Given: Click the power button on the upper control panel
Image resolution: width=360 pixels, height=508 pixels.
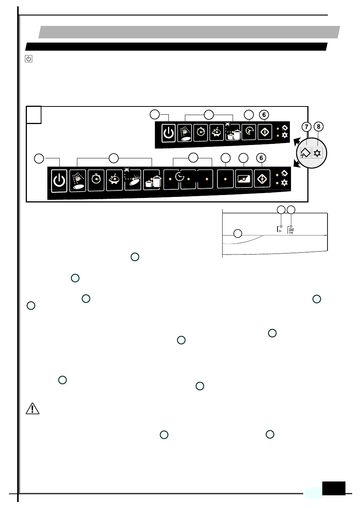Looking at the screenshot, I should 168,133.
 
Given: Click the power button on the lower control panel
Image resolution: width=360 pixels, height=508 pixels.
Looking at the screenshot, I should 59,180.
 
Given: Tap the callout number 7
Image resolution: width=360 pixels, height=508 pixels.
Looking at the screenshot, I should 307,127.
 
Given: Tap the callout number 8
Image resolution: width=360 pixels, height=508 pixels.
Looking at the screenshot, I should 319,127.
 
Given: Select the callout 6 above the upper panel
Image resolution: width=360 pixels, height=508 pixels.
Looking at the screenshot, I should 264,115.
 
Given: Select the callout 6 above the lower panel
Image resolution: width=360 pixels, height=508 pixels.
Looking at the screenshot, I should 261,158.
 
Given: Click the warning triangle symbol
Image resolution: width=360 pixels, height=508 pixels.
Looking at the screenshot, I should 32,409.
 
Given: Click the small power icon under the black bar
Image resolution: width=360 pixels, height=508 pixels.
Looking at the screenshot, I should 29,59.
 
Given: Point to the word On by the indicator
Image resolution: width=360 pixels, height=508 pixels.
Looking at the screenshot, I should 280,231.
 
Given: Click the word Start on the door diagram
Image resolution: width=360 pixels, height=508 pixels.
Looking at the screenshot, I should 292,229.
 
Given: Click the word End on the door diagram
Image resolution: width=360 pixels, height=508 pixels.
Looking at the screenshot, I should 291,233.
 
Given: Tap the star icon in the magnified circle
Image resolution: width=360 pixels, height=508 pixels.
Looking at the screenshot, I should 317,153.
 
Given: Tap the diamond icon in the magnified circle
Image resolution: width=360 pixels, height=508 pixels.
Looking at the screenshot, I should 305,153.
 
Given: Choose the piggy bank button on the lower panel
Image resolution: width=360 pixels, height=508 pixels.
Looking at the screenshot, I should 114,180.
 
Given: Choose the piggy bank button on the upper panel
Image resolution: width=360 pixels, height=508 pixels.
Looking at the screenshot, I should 217,132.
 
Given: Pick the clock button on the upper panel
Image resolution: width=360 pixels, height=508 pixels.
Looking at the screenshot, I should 249,131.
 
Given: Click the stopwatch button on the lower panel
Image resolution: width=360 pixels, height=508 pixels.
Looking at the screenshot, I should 96,180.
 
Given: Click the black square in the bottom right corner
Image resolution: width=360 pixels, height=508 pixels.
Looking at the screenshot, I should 333,488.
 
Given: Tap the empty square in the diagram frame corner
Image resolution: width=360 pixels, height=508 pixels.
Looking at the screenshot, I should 34,115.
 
